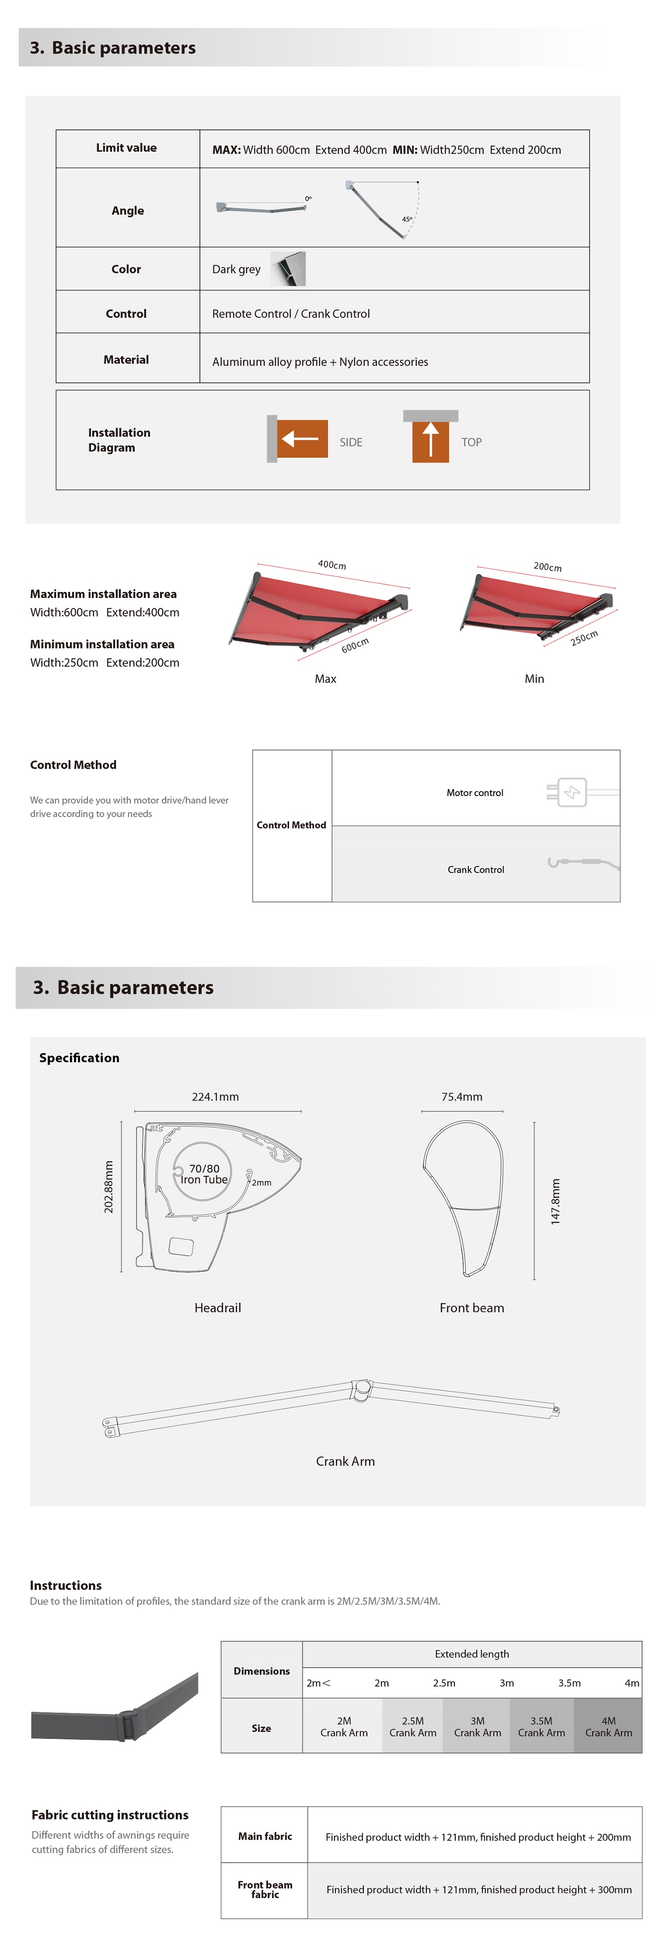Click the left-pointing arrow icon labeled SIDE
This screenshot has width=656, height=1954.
[x=301, y=438]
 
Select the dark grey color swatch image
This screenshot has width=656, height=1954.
[x=288, y=269]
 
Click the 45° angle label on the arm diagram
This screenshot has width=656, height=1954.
[x=407, y=219]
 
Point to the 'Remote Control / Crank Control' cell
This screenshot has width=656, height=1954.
[x=291, y=313]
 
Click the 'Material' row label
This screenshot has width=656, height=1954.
[x=126, y=359]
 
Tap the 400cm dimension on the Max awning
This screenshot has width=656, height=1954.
[x=332, y=564]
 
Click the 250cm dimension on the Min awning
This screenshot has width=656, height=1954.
[x=584, y=638]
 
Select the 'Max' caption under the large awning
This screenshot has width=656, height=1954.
[x=326, y=679]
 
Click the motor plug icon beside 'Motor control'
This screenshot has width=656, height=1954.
[x=572, y=793]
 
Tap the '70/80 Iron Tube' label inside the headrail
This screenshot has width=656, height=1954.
[x=204, y=1174]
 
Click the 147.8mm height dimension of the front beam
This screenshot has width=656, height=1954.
[x=555, y=1201]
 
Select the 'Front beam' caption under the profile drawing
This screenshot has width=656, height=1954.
[x=472, y=1308]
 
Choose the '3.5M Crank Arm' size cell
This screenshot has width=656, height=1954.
[x=542, y=1726]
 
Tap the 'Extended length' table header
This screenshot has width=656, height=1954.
[x=472, y=1654]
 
